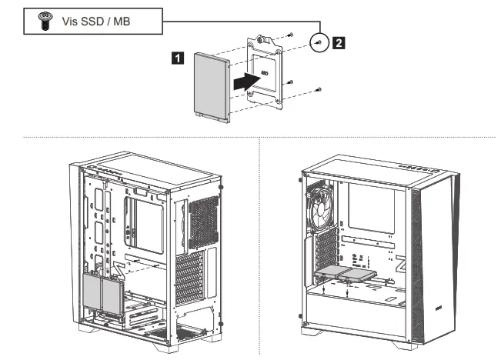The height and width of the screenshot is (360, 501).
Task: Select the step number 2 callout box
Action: [x=338, y=42]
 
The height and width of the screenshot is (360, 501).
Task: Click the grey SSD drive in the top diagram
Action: [x=212, y=86]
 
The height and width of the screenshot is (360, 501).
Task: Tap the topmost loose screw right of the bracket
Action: [x=291, y=35]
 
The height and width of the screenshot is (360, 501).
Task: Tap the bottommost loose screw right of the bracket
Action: [x=319, y=90]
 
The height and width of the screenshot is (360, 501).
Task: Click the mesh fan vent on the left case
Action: [x=203, y=222]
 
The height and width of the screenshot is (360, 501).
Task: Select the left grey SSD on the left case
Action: [x=92, y=292]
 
